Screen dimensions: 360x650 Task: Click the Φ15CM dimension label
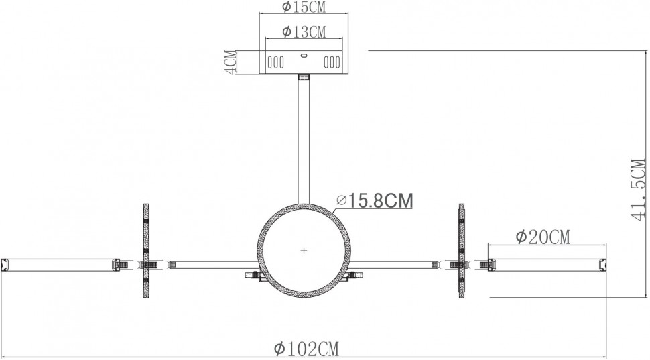(304, 7)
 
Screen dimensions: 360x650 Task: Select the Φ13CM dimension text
(304, 31)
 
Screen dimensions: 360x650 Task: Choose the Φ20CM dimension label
(542, 236)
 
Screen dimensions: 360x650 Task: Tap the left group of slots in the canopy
(275, 62)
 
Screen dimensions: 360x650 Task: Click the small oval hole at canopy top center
(304, 56)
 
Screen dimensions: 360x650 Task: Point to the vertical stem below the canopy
(304, 141)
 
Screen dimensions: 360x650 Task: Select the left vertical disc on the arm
(145, 251)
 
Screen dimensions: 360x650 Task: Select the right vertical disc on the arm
(462, 251)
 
